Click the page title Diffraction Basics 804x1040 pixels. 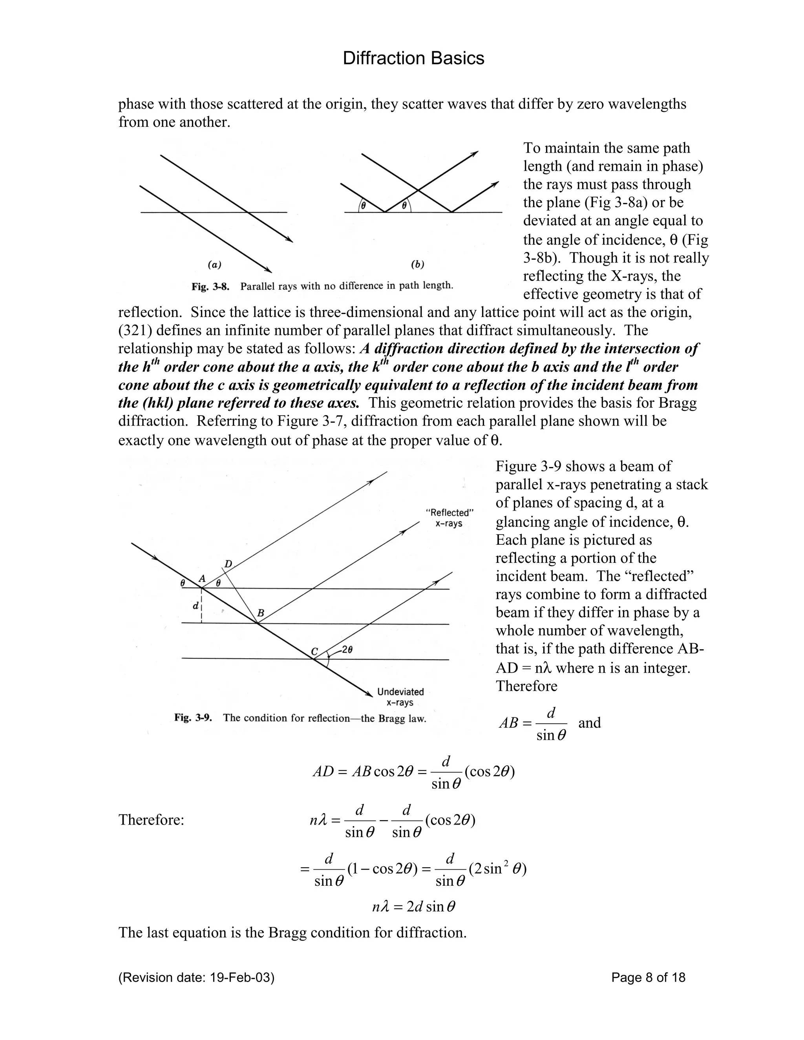413,58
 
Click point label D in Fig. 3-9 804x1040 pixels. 228,564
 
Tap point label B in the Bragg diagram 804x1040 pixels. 261,613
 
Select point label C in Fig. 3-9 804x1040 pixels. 314,651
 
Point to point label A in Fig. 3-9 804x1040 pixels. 202,578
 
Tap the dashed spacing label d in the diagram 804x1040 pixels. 195,606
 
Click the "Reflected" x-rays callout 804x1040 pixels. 449,518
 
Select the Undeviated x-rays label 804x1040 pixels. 400,697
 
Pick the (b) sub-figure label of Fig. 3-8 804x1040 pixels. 417,264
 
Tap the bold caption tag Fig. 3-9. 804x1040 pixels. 193,718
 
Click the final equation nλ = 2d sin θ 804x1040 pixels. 413,906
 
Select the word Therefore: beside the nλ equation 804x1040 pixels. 151,819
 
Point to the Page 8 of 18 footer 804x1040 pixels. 648,978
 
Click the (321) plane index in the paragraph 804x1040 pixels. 135,330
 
